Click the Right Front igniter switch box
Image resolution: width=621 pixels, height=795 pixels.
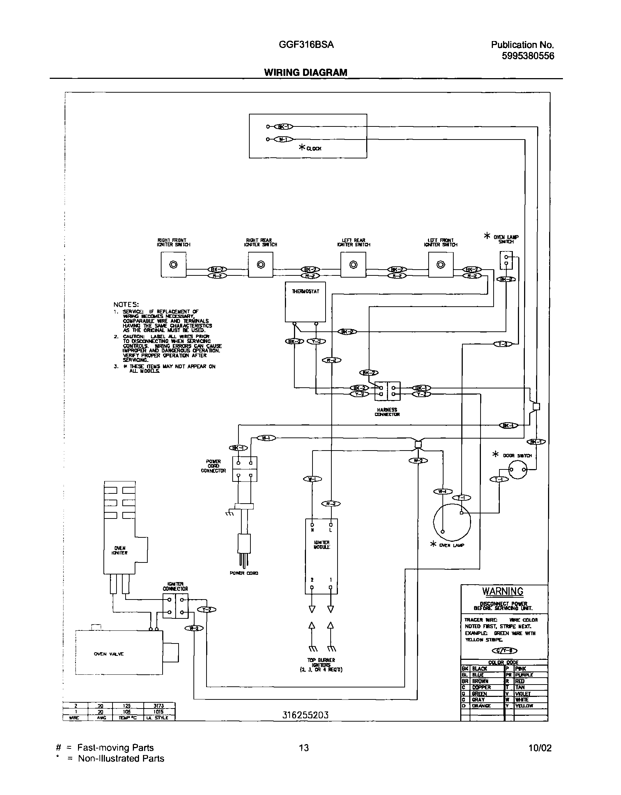point(173,265)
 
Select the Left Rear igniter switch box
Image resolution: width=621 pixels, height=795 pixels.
point(353,265)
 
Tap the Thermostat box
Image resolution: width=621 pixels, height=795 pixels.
point(305,302)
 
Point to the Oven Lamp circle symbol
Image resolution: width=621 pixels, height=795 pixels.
point(452,522)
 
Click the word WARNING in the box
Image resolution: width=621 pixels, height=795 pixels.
point(502,592)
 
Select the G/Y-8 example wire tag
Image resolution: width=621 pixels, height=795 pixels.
point(504,650)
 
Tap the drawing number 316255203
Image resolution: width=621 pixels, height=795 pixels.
point(305,715)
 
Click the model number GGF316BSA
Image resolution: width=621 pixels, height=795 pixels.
point(306,45)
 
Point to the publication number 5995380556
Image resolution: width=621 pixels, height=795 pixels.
point(528,56)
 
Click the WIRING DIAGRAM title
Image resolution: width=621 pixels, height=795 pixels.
point(305,72)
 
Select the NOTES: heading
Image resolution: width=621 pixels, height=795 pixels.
point(126,304)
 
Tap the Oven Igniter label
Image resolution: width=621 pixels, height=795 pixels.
point(120,550)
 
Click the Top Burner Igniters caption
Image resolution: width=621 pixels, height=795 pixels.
point(321,665)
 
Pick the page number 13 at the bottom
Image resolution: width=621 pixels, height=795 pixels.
point(303,748)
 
